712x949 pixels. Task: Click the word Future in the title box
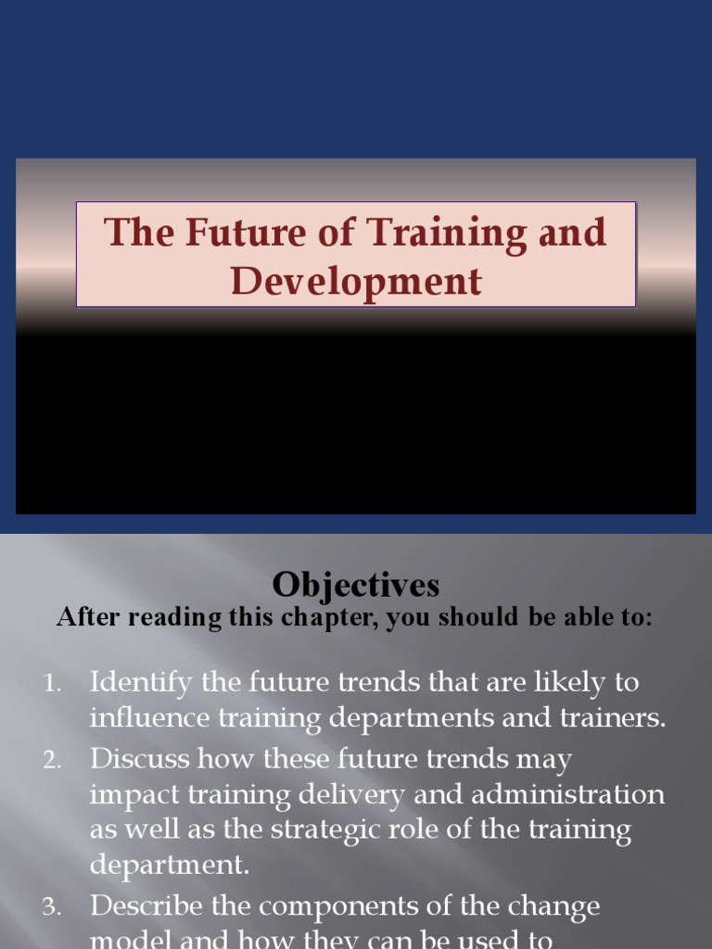[229, 232]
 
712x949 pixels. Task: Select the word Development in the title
[356, 280]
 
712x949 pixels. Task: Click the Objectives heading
[356, 586]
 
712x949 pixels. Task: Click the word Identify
[142, 683]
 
